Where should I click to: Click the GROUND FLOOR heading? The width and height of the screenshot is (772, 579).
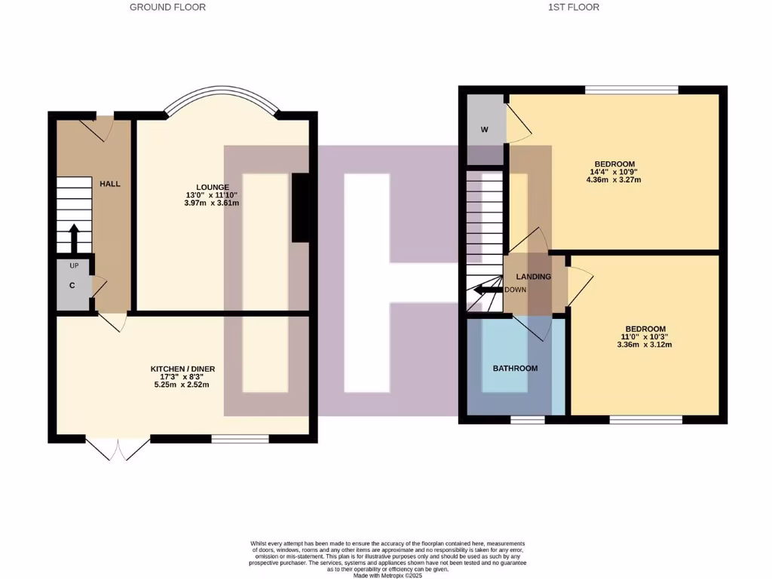(167, 8)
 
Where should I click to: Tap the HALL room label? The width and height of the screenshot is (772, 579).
(110, 184)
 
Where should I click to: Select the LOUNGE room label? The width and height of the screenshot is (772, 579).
(212, 187)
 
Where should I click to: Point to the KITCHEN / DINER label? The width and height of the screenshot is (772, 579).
(182, 369)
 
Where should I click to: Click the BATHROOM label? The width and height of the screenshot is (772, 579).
(515, 369)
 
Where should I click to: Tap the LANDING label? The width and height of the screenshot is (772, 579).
(534, 277)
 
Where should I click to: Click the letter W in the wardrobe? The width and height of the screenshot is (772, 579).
(485, 130)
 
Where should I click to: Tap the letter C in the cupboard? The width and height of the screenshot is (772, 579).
(72, 286)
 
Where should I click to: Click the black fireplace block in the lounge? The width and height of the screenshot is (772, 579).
(300, 208)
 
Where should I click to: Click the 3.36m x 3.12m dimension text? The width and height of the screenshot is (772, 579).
(645, 345)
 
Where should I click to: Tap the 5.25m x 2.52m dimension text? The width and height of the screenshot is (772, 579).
(182, 384)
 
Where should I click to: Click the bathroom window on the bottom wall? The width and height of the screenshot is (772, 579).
(528, 419)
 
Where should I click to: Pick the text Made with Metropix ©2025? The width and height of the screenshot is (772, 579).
(388, 575)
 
